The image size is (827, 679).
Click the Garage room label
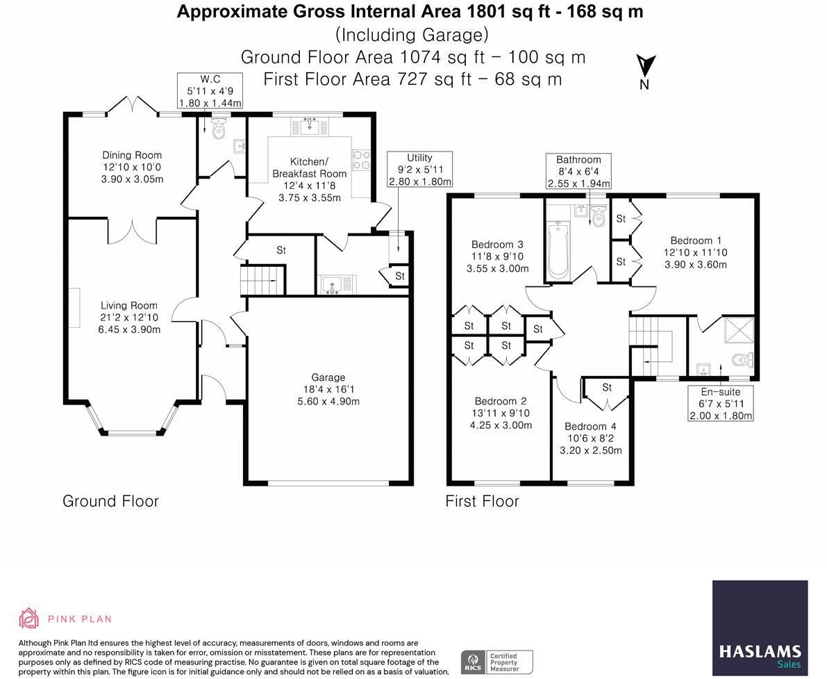pos(328,377)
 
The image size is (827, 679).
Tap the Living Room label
pos(129,306)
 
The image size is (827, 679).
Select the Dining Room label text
pos(132,155)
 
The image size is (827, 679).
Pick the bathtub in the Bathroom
pos(558,250)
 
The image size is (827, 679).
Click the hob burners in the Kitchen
pos(361,160)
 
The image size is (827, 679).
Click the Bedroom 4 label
pos(590,427)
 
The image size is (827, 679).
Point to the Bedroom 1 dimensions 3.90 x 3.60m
pos(696,265)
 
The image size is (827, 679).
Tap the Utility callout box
pos(420,170)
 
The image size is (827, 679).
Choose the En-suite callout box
pos(721,403)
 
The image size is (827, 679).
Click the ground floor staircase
pos(262,280)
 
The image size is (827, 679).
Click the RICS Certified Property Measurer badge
pos(497,662)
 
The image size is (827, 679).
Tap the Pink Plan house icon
pos(28,619)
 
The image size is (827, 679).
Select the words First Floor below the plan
pos(482,501)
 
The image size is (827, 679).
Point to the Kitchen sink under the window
pos(310,126)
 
